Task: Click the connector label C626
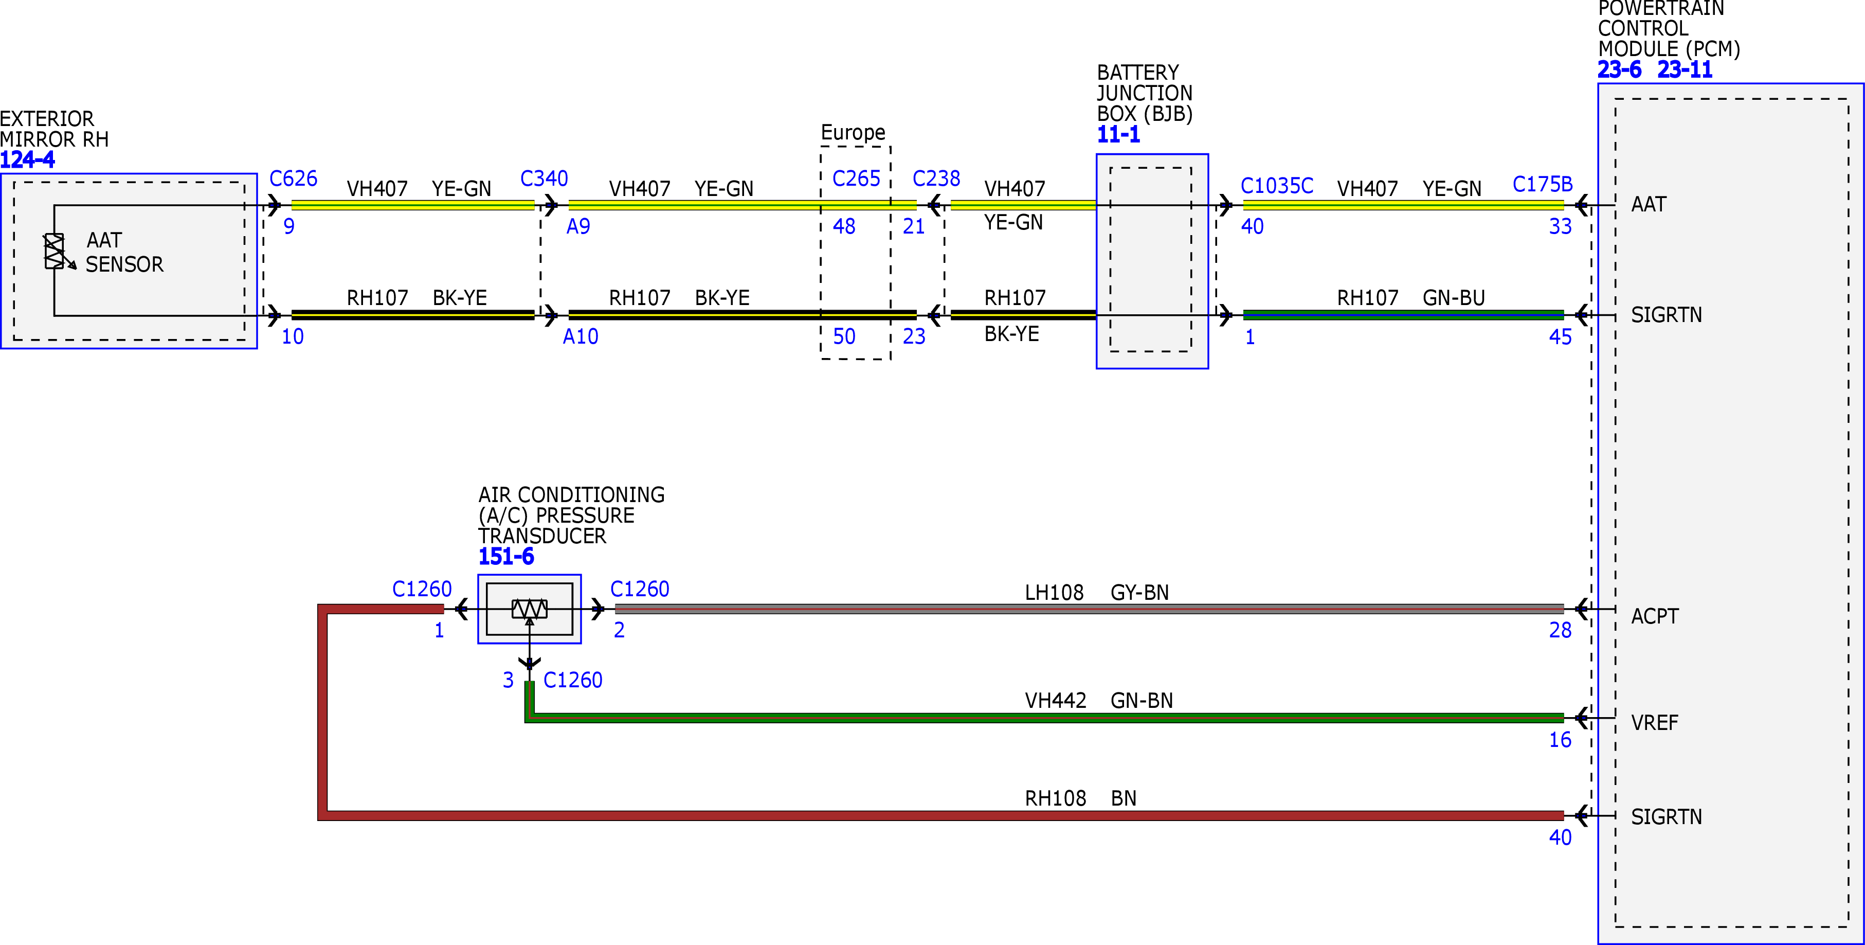coord(293,179)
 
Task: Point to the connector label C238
coord(936,179)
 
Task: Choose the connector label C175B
coord(1542,185)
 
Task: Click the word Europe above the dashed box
coord(853,133)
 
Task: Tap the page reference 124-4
coord(28,160)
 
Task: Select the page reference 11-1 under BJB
coord(1118,135)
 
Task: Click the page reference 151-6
coord(506,557)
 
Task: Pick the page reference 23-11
coord(1685,70)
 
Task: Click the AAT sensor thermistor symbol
coord(55,251)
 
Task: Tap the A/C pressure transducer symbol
coord(529,609)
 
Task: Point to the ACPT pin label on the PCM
coord(1654,617)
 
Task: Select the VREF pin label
coord(1654,723)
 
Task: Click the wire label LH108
coord(1054,593)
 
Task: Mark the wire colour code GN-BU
coord(1454,298)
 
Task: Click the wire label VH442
coord(1056,701)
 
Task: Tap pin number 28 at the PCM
coord(1560,631)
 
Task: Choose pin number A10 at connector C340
coord(581,337)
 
